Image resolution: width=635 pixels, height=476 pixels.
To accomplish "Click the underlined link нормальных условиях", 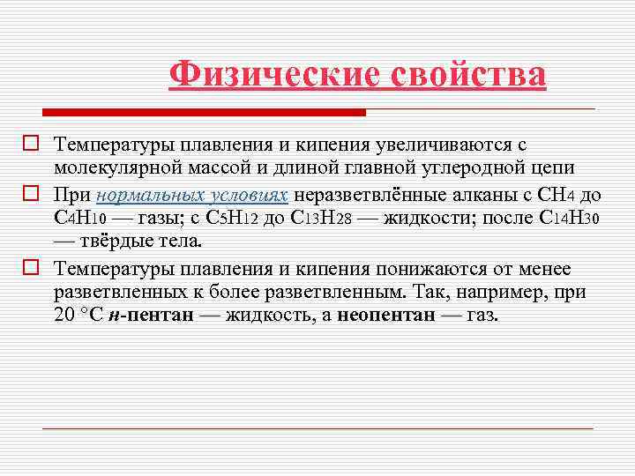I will tap(193, 195).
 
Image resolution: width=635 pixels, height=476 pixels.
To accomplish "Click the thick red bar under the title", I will tap(204, 113).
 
